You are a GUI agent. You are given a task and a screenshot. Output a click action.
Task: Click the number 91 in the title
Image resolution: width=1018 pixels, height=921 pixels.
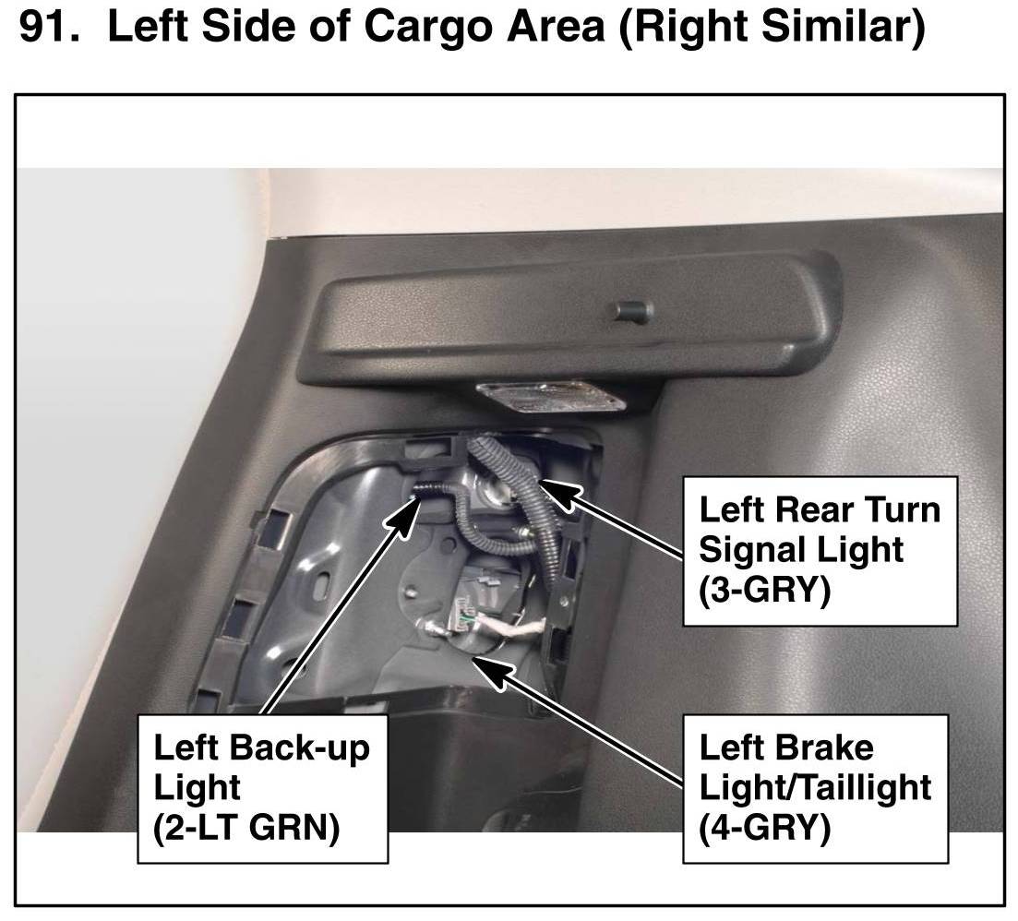click(48, 30)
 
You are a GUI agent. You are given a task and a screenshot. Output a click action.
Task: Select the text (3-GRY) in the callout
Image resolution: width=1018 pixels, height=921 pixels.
click(765, 588)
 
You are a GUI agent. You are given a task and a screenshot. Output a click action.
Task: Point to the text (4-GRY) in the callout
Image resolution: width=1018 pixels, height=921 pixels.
click(765, 827)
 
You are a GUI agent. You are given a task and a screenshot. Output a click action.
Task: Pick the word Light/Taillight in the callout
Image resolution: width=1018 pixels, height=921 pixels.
click(815, 787)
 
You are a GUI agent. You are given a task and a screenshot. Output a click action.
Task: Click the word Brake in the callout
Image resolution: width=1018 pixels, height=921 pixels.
click(828, 748)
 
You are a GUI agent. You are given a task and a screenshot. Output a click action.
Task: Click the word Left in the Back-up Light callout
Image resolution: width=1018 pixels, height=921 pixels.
click(188, 748)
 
